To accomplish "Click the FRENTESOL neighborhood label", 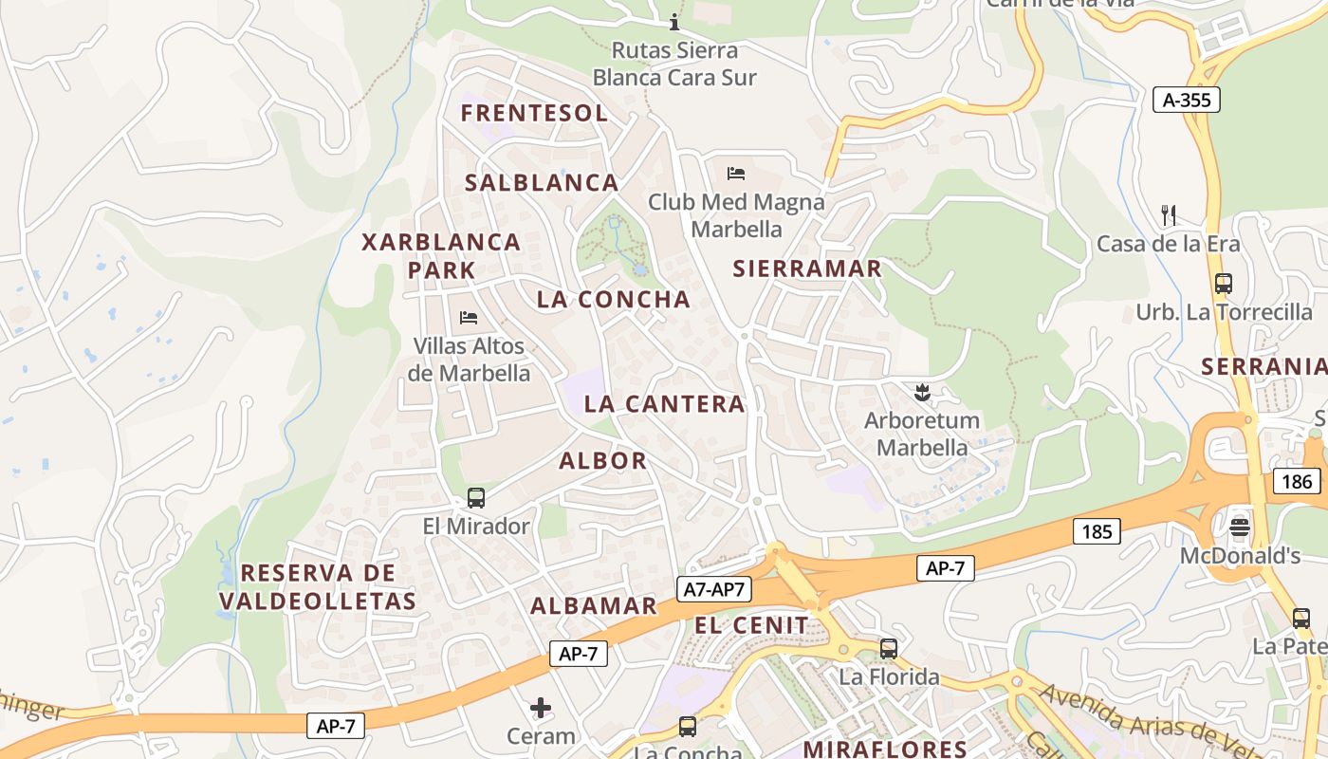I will [x=534, y=113].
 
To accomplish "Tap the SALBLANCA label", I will [x=541, y=183].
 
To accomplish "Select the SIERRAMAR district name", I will [x=807, y=268].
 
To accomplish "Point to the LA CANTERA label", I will [x=664, y=404].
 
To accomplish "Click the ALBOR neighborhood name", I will [x=602, y=461].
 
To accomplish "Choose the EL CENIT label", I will [x=751, y=625].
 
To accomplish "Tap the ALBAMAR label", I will [x=593, y=606].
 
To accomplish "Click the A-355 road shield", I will [x=1186, y=100].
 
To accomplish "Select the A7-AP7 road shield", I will [x=714, y=589].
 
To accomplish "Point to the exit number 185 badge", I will [x=1097, y=531].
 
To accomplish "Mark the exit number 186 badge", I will [x=1296, y=481].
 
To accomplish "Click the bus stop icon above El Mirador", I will [x=476, y=498].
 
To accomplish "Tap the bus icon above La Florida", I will [x=889, y=649].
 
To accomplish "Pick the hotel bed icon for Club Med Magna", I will [x=736, y=174].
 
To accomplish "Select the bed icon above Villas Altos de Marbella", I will [x=468, y=317].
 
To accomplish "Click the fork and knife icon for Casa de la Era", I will [x=1169, y=215].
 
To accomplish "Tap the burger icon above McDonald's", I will [x=1240, y=527].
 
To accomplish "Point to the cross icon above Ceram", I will [x=541, y=708].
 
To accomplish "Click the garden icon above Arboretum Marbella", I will [x=921, y=391].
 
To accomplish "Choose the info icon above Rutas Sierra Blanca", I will [x=674, y=22].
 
